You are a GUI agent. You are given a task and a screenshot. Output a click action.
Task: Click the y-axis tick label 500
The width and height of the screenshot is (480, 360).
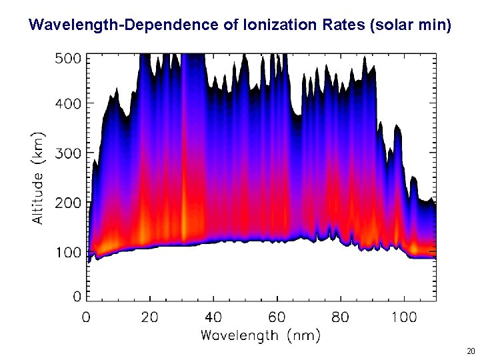[67, 59]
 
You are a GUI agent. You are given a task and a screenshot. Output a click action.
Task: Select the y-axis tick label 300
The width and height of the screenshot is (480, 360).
[67, 153]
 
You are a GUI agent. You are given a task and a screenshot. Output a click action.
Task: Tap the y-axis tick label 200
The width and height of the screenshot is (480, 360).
[67, 202]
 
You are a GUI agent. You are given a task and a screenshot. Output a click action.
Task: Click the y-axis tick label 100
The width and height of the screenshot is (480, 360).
[67, 252]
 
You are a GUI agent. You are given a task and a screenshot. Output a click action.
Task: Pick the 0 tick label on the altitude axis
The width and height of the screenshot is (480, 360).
[77, 295]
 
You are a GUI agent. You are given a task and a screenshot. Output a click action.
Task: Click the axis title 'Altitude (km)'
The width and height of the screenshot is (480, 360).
[39, 177]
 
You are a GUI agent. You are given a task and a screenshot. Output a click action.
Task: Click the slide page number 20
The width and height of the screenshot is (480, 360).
[471, 351]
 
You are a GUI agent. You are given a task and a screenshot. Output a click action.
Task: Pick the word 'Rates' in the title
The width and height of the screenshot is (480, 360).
[341, 26]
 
